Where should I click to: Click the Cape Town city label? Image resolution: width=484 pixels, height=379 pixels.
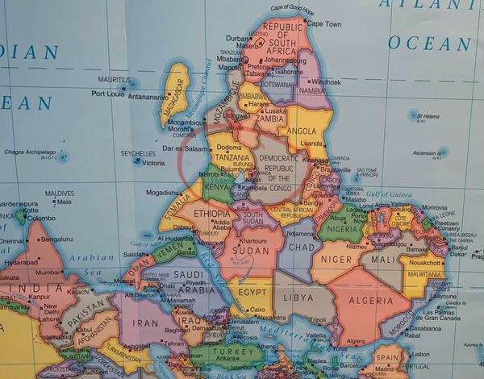click(324, 24)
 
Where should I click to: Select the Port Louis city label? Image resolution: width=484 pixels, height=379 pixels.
click(108, 94)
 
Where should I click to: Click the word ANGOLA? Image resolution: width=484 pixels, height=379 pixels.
click(302, 131)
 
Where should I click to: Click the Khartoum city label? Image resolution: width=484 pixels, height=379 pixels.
click(252, 241)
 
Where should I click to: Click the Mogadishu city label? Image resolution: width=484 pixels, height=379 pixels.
click(165, 193)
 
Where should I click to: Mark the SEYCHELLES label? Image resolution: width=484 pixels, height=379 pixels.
click(138, 152)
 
